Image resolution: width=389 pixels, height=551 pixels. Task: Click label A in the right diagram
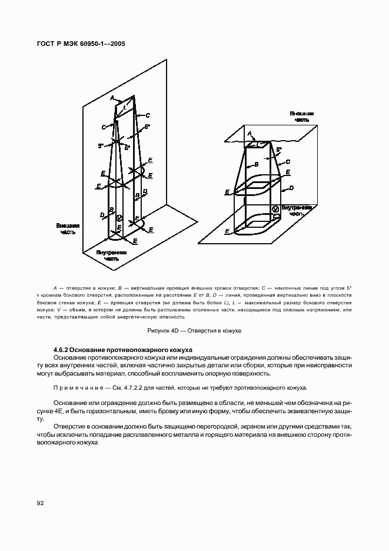pyautogui.click(x=250, y=134)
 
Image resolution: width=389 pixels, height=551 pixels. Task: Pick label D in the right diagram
pyautogui.click(x=291, y=189)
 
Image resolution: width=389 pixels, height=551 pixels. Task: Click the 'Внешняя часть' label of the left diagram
pyautogui.click(x=67, y=228)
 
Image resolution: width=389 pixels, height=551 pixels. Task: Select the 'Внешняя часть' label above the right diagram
pyautogui.click(x=301, y=115)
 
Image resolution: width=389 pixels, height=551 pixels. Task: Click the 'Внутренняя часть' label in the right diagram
pyautogui.click(x=295, y=211)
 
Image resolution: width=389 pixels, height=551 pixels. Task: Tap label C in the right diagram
pyautogui.click(x=287, y=161)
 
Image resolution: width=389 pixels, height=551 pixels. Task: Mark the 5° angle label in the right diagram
pyautogui.click(x=278, y=150)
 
